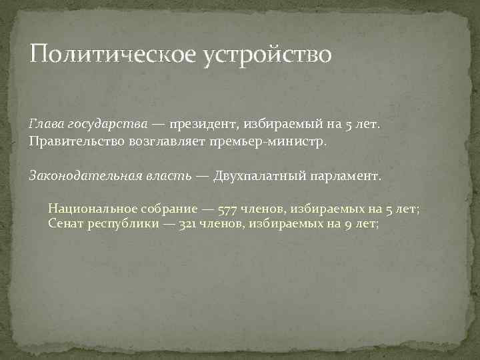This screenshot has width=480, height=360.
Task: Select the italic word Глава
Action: pos(46,124)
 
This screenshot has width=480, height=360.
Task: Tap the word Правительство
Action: pos(77,142)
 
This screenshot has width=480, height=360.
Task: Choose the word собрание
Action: pos(167,209)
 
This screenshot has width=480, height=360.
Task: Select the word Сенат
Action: pos(66,224)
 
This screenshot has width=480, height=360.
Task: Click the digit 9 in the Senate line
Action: pos(348,225)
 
